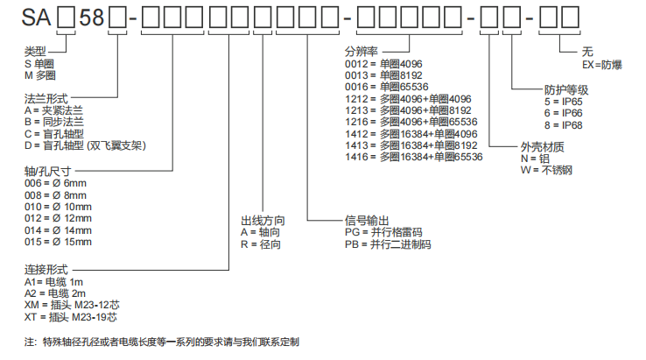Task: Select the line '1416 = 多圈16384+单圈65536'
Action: pyautogui.click(x=413, y=157)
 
